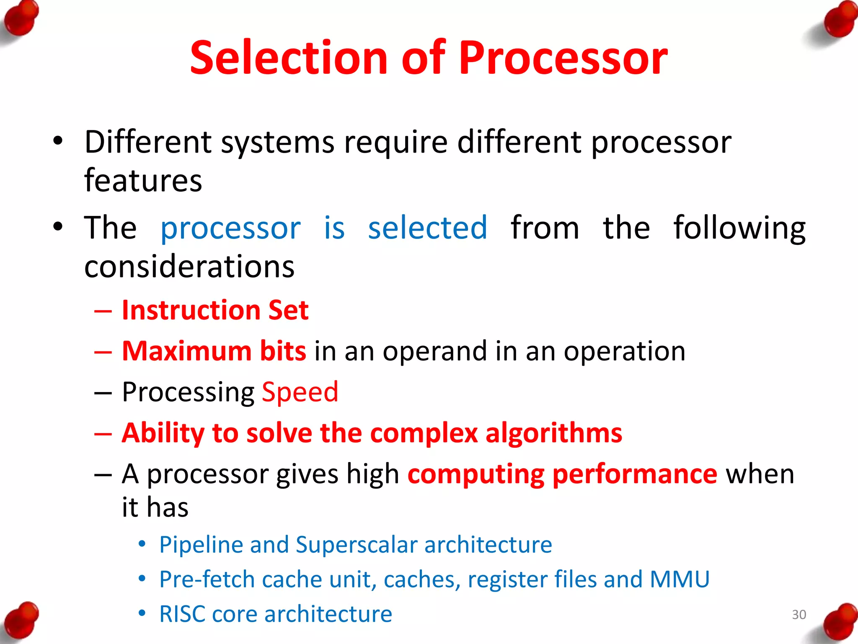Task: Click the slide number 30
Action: coord(799,615)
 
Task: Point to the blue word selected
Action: coord(427,228)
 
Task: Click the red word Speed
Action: coord(300,392)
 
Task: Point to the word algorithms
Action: coord(553,433)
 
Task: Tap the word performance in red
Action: coord(635,474)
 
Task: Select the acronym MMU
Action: coord(679,579)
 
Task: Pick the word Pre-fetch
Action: coord(207,579)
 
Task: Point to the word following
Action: coord(739,228)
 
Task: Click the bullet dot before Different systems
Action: coord(58,141)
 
